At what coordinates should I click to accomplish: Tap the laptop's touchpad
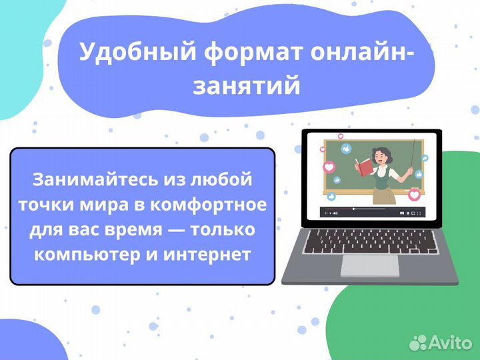[x=370, y=265]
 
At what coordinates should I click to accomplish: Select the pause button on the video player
[x=326, y=213]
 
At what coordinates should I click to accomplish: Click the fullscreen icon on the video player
[x=419, y=213]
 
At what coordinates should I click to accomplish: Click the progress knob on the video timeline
[x=353, y=209]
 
